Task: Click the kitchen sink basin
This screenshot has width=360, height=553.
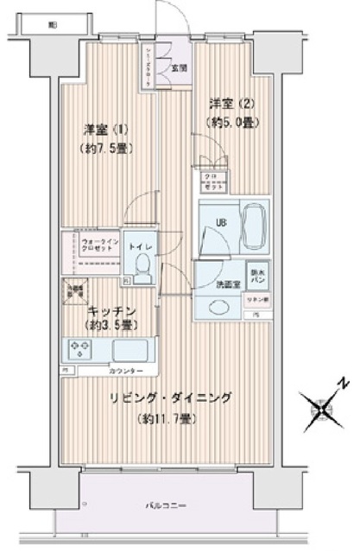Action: pyautogui.click(x=128, y=351)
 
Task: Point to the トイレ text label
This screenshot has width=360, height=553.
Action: pyautogui.click(x=139, y=246)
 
